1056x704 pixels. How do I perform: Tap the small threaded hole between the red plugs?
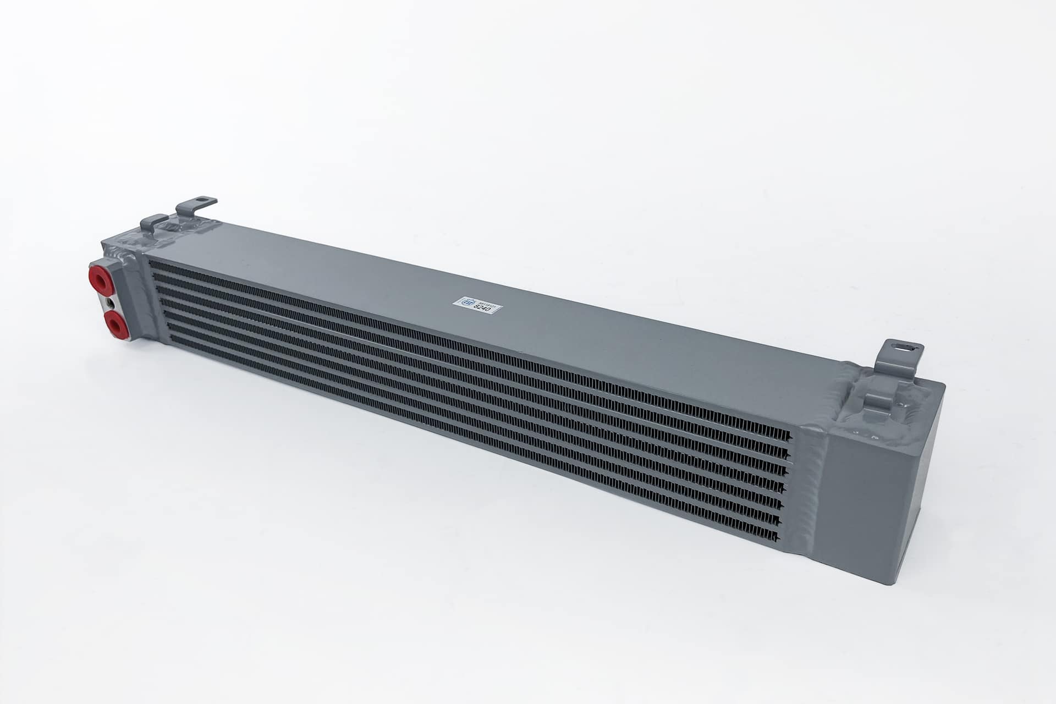112,302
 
